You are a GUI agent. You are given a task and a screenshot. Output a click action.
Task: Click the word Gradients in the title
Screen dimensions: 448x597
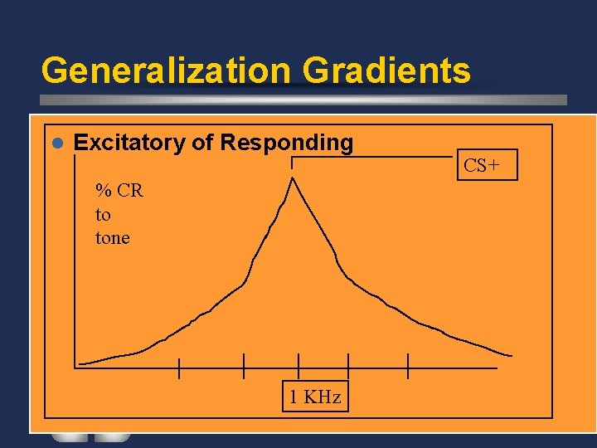pyautogui.click(x=386, y=71)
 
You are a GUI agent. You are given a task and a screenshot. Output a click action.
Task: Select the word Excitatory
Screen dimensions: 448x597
pyautogui.click(x=129, y=143)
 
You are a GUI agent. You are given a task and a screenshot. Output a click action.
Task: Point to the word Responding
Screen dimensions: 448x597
pyautogui.click(x=286, y=143)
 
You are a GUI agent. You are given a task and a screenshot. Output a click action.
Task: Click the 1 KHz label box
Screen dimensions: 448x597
pyautogui.click(x=315, y=397)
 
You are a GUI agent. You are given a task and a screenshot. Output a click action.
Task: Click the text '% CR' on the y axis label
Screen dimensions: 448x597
pyautogui.click(x=119, y=191)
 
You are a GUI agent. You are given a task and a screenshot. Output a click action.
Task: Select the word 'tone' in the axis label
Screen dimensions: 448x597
pyautogui.click(x=113, y=238)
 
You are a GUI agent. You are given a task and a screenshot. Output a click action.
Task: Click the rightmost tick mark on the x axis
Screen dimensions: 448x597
pyautogui.click(x=408, y=366)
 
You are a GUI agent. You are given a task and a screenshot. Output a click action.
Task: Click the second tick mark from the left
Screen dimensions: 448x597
pyautogui.click(x=244, y=366)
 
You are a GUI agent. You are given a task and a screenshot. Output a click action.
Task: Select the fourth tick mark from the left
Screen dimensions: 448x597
pyautogui.click(x=348, y=366)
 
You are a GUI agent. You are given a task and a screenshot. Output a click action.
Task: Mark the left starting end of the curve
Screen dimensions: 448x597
pyautogui.click(x=80, y=363)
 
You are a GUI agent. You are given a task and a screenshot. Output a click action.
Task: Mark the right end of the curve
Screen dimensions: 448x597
pyautogui.click(x=510, y=355)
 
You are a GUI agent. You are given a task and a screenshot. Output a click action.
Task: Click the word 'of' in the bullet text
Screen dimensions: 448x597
pyautogui.click(x=203, y=143)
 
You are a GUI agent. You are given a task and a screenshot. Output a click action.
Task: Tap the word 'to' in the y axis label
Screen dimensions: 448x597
pyautogui.click(x=103, y=215)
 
